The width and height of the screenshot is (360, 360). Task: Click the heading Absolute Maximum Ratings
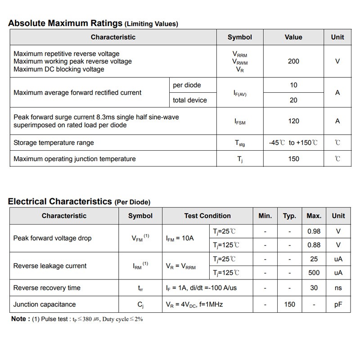[x=66, y=23]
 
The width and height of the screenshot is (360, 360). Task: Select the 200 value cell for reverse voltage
[x=293, y=61]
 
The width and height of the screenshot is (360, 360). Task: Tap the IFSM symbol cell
[x=240, y=121]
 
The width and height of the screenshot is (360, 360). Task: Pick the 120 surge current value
[x=293, y=121]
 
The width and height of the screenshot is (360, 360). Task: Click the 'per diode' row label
[x=187, y=85]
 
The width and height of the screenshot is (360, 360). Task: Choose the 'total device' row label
[x=190, y=100]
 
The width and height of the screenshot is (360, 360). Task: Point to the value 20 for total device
[x=293, y=100]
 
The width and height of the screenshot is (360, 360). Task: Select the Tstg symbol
[x=240, y=143]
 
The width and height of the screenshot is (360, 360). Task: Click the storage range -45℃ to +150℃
[x=293, y=143]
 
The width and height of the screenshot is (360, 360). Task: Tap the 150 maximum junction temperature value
[x=293, y=159]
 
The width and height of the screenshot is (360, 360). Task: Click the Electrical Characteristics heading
[x=60, y=202]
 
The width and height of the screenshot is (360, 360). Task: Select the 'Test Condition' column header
[x=207, y=216]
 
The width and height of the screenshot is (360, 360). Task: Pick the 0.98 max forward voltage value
[x=314, y=231]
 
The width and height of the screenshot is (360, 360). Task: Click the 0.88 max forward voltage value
[x=314, y=245]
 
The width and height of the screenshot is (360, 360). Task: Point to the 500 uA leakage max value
[x=314, y=273]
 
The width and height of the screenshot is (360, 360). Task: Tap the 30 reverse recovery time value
[x=314, y=288]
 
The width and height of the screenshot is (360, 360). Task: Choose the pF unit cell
[x=338, y=305]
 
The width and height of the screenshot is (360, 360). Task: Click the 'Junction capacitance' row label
[x=45, y=305]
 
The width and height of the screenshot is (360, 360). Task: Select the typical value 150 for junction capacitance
[x=290, y=305]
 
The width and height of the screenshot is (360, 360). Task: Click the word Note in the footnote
[x=18, y=319]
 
